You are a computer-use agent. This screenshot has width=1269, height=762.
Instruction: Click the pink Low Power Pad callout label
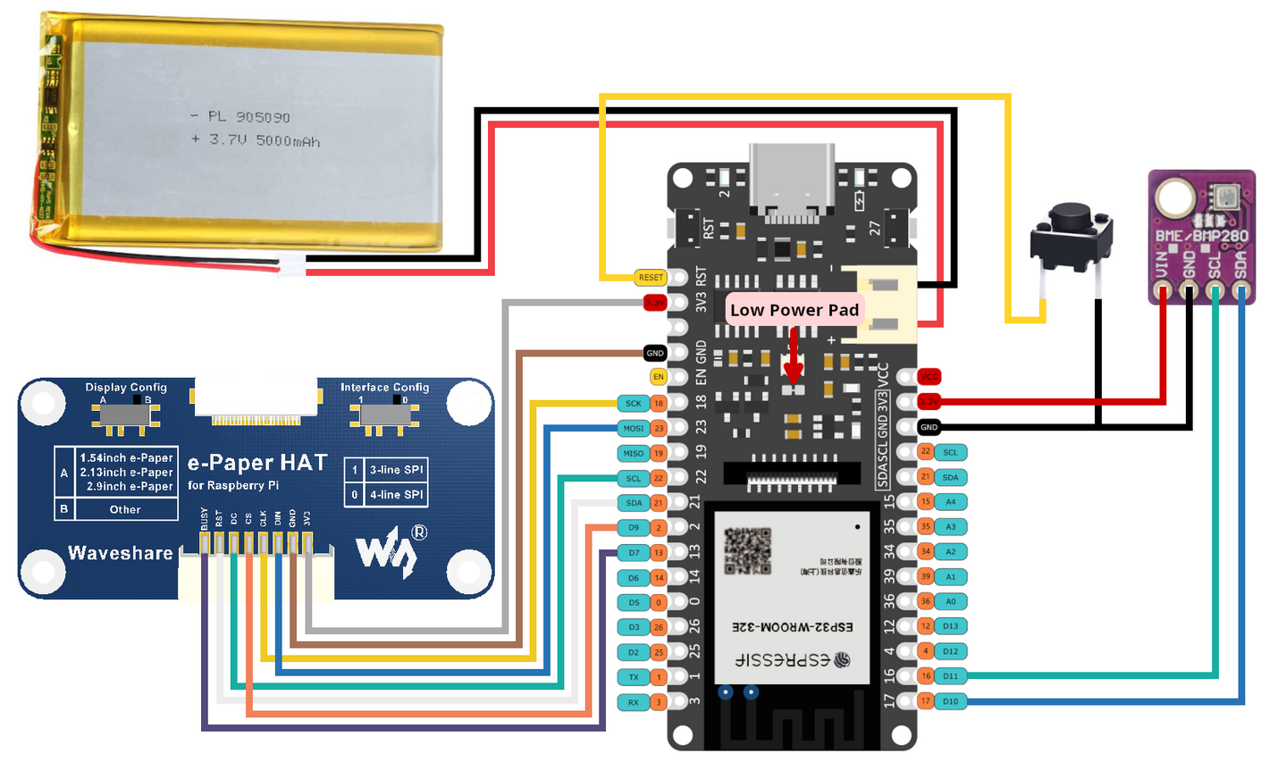794,310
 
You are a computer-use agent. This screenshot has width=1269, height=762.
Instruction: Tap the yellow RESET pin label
651,278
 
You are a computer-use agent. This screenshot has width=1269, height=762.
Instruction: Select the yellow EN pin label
658,377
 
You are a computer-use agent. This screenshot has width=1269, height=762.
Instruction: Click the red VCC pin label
929,377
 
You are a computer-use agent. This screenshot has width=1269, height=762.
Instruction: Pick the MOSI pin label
634,429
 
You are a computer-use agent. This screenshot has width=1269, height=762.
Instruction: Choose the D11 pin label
950,676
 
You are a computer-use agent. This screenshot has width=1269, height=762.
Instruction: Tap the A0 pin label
950,601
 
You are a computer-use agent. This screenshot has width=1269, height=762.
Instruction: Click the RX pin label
634,702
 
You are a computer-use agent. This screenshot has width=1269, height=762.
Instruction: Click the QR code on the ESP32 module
746,550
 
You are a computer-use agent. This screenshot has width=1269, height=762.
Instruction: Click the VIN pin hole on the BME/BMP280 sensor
1163,290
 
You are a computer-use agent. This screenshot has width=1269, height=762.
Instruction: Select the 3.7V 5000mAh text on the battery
256,140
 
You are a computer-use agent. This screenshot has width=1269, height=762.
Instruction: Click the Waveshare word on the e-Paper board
121,553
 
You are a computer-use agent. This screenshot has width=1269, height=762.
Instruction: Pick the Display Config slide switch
125,413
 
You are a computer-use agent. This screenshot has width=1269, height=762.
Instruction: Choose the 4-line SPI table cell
396,494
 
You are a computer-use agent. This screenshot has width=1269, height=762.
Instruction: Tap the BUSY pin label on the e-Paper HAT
205,519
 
